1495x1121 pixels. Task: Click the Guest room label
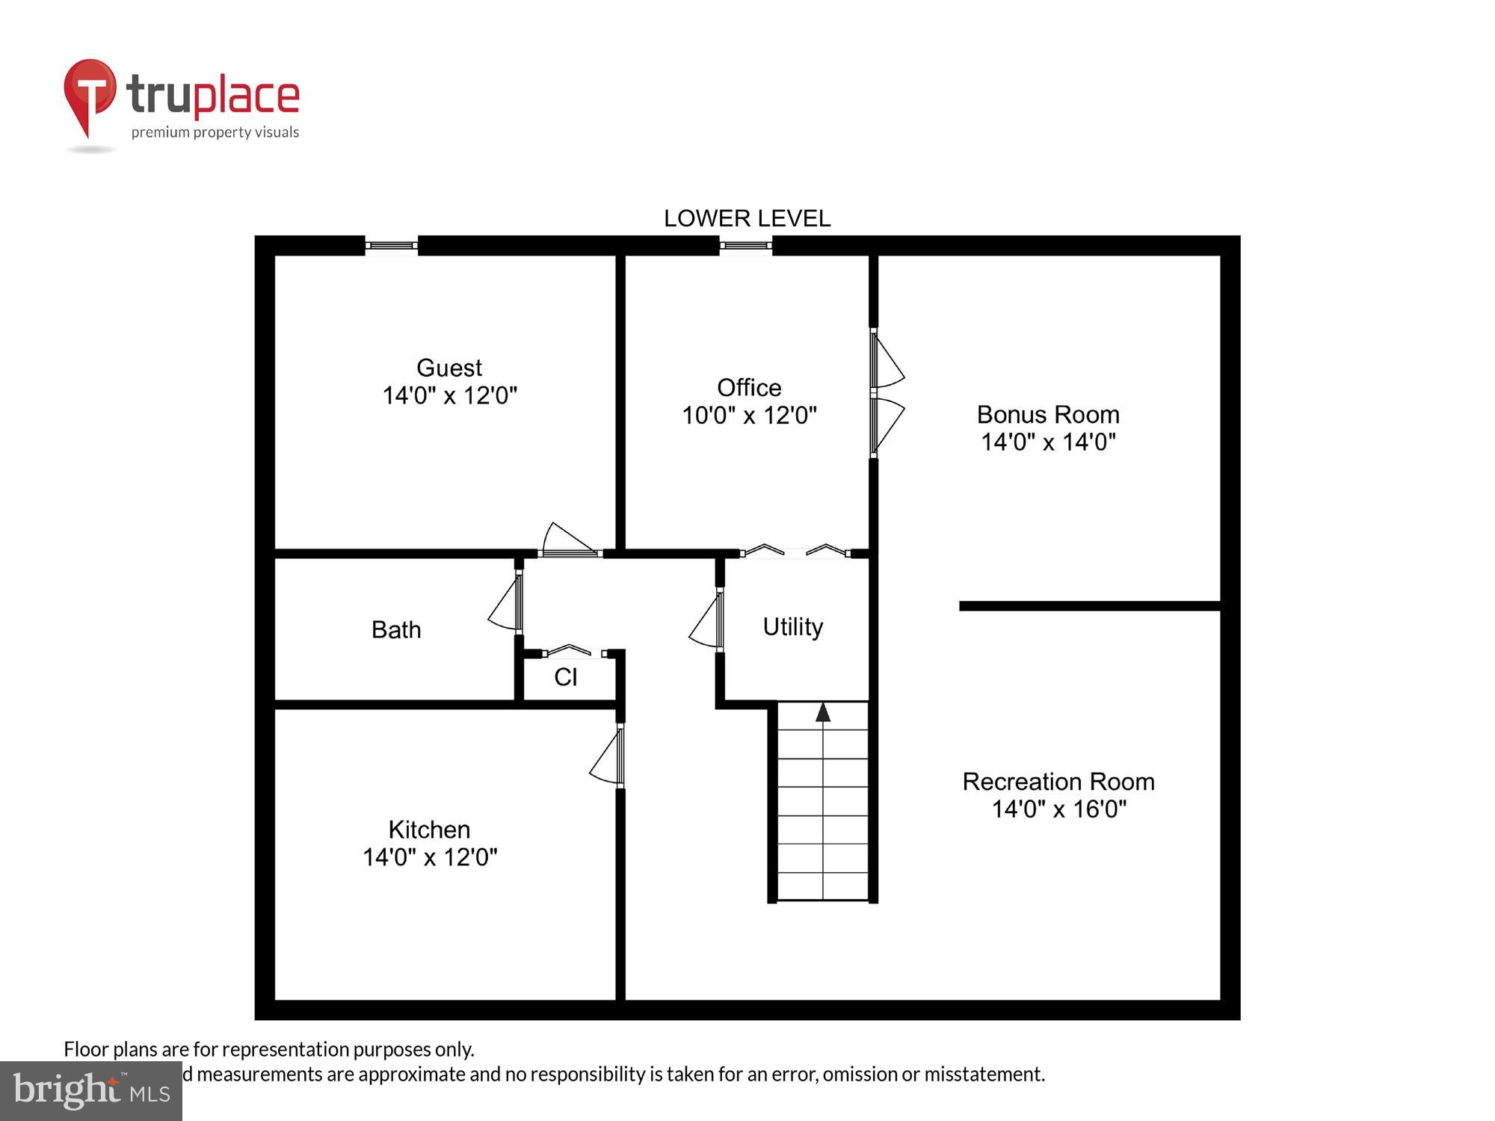click(449, 368)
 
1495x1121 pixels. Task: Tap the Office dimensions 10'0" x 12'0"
click(749, 416)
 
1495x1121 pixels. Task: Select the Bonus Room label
click(1048, 414)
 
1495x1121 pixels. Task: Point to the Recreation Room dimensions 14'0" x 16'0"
click(1058, 809)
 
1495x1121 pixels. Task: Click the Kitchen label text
click(429, 830)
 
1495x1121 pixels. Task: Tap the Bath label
click(396, 630)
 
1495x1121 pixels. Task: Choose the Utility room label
click(792, 626)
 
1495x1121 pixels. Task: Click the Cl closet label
click(566, 677)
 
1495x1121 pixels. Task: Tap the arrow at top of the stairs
click(823, 712)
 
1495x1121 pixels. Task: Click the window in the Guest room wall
click(391, 245)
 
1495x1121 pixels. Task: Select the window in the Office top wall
click(745, 245)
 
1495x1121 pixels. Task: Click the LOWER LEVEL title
click(747, 218)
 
